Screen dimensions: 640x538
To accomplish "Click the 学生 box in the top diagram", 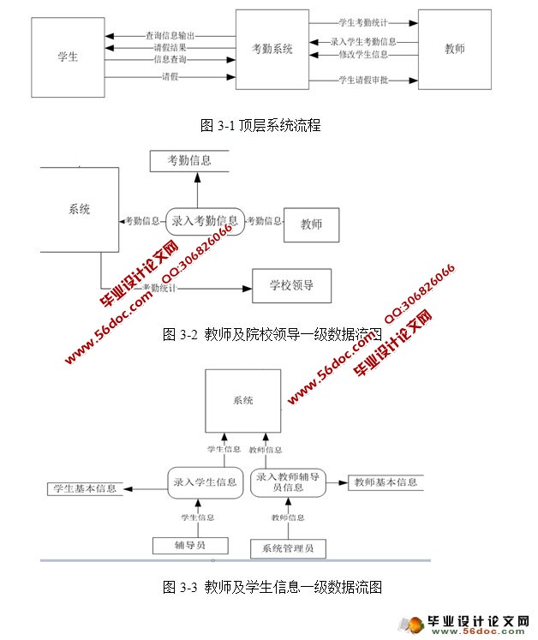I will click(68, 57).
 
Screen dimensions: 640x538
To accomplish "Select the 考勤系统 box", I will click(272, 50).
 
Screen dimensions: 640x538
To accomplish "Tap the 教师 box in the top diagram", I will click(455, 49).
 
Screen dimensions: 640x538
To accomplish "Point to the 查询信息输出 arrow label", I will click(170, 36).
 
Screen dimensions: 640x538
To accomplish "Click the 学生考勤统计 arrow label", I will click(364, 21).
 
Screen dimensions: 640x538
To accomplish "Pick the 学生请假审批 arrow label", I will click(364, 81).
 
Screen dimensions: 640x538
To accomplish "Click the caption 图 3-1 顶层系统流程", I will click(260, 125).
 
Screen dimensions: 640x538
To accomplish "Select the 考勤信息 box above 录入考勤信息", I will click(189, 160).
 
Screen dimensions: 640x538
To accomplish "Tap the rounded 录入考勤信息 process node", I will click(205, 221).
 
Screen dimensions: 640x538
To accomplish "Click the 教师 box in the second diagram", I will click(311, 224).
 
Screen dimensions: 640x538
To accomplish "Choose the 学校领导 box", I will click(291, 285).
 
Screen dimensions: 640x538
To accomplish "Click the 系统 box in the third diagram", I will click(242, 400).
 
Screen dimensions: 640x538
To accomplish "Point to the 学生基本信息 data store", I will click(84, 489).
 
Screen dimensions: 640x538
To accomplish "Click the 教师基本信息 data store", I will click(385, 482).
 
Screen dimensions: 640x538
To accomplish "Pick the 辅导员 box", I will click(190, 545).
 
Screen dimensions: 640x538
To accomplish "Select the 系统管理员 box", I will click(286, 548).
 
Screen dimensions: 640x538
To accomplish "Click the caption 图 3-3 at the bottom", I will click(272, 587).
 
